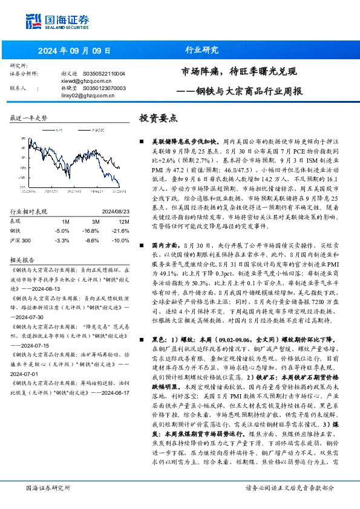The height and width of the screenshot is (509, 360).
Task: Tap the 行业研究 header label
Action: pos(201,50)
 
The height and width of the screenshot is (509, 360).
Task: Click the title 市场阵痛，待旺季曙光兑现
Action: pos(239,73)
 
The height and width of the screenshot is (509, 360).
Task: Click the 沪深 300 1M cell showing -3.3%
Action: pos(62,240)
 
